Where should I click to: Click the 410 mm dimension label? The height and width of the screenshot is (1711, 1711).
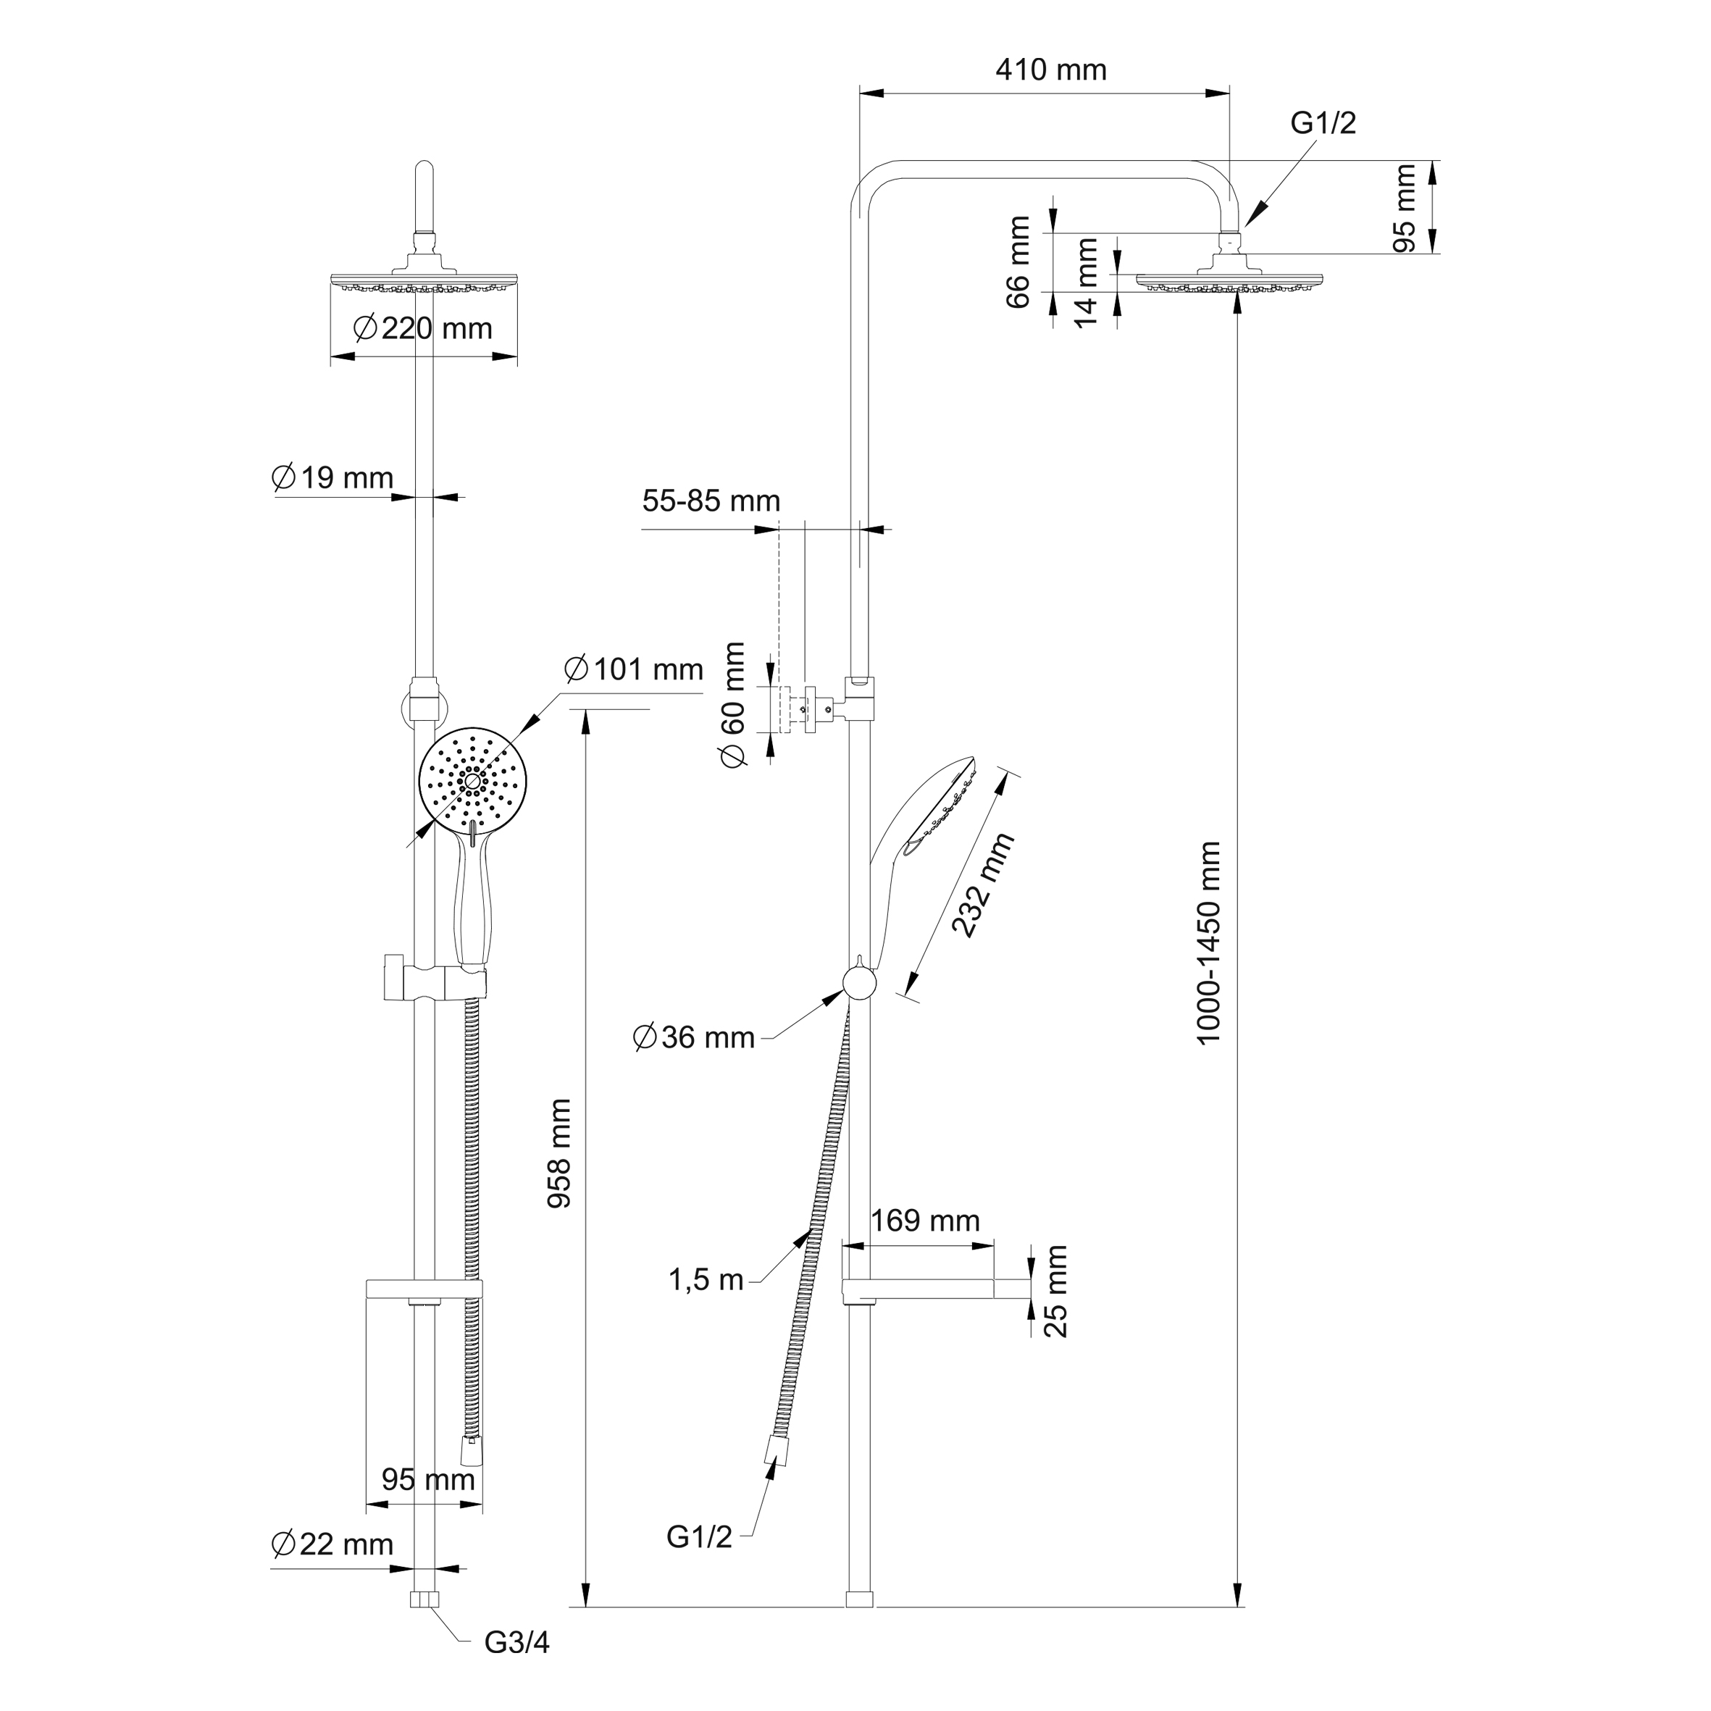pos(1050,70)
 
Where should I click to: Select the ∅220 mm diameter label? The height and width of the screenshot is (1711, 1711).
pos(422,329)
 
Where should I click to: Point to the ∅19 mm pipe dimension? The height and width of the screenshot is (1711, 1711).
pos(332,478)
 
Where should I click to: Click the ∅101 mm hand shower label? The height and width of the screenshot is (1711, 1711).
pos(633,669)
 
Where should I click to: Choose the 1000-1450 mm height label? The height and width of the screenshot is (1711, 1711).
pos(1209,942)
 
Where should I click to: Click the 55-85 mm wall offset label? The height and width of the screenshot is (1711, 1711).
pos(711,501)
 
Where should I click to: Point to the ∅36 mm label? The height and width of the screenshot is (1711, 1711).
pos(694,1037)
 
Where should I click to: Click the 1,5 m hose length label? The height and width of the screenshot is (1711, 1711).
pos(706,1280)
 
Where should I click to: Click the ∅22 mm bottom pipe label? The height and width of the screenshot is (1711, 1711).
pos(332,1544)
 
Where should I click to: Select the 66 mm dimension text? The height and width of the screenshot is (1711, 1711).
pos(1019,262)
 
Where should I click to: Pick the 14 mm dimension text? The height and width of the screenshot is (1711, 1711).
pos(1086,282)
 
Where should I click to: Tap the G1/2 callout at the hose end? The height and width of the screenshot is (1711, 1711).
pos(700,1537)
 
